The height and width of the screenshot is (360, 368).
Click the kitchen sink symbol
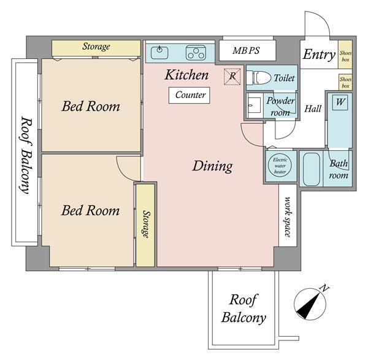(159, 53)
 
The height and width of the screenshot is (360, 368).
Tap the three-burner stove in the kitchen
(196, 53)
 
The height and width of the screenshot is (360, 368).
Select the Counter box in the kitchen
(189, 95)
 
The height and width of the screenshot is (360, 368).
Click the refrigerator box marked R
(232, 76)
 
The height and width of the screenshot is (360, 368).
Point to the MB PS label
(246, 50)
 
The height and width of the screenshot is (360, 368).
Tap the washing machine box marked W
(340, 102)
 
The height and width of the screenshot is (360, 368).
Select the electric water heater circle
(280, 166)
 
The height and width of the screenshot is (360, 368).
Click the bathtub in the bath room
(311, 169)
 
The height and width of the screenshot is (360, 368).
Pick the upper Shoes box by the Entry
(345, 55)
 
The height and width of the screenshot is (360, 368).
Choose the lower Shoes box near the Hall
(345, 82)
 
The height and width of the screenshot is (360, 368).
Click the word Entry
(319, 55)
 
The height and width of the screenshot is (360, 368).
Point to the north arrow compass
(310, 304)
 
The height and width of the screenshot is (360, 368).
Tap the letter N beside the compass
(324, 288)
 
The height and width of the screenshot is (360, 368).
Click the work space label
(288, 217)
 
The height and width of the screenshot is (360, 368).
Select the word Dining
(213, 166)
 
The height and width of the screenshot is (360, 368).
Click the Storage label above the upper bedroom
(96, 47)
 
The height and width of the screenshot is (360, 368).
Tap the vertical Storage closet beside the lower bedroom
(145, 225)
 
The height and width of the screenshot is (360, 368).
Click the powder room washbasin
(254, 105)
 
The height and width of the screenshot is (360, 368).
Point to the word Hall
(313, 109)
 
